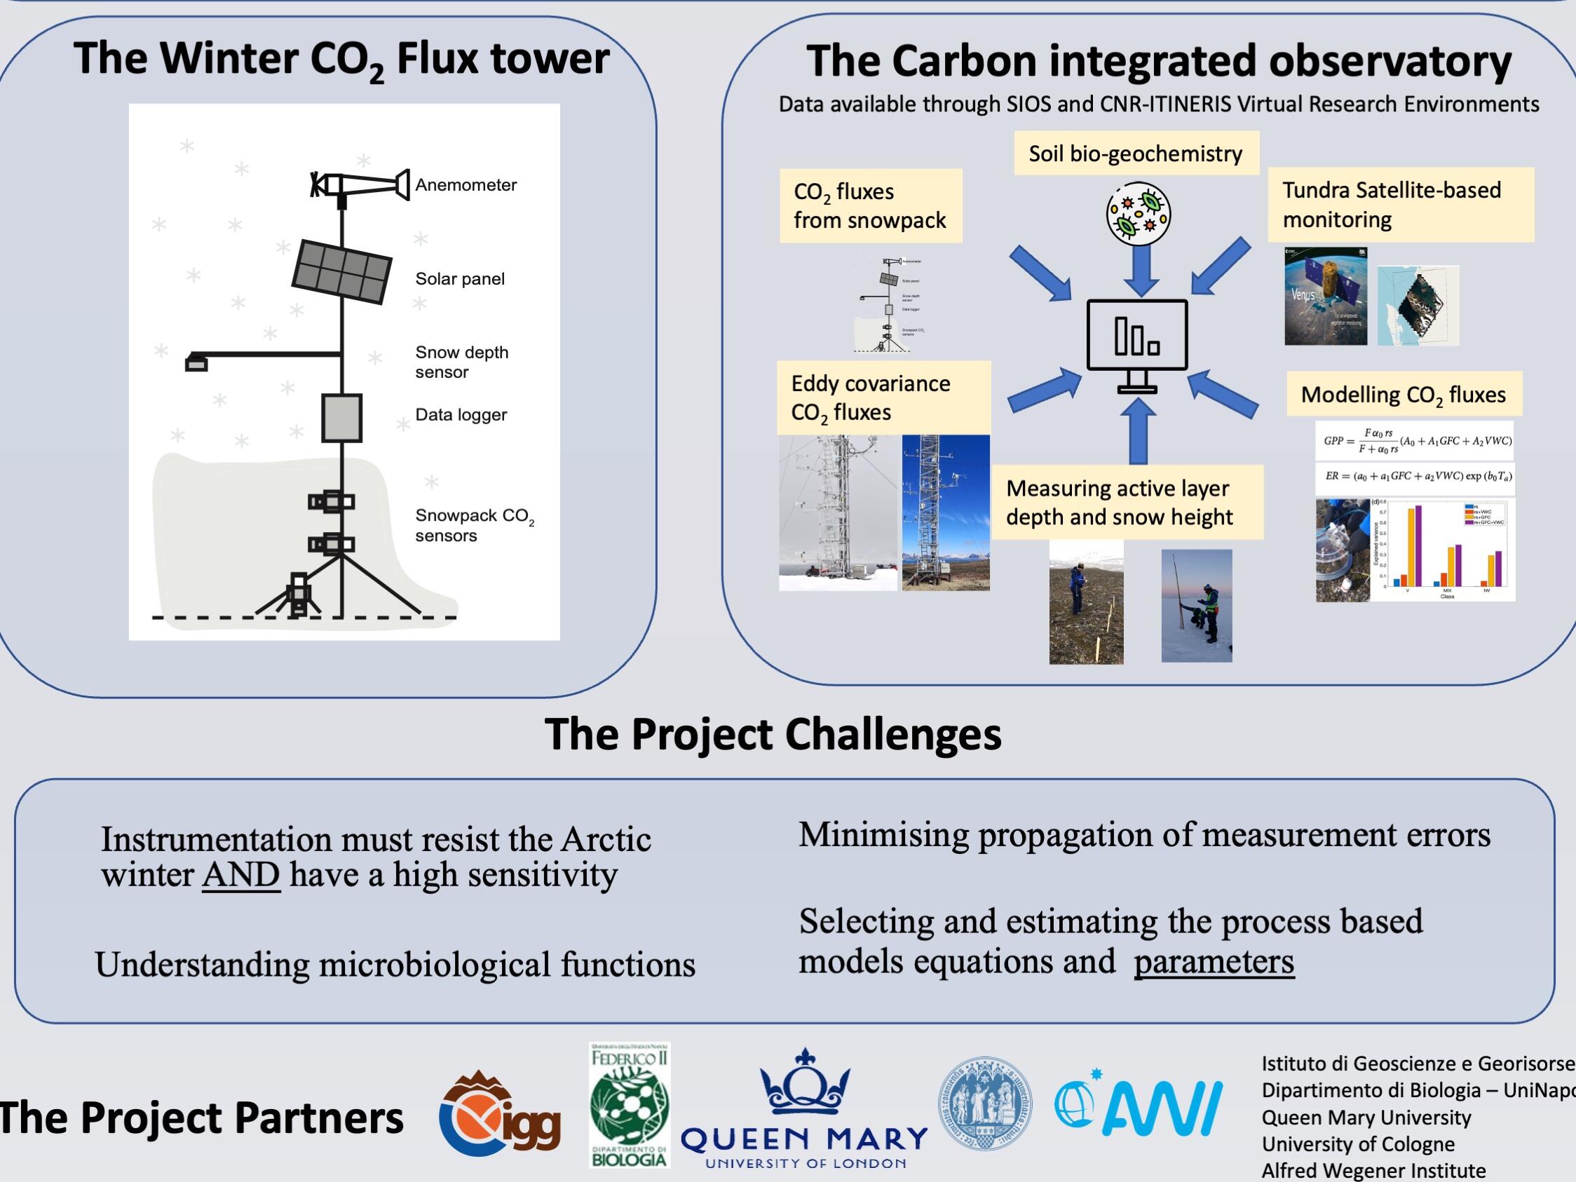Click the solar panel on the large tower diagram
342,271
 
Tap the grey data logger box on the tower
342,418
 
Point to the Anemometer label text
466,185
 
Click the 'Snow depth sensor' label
462,362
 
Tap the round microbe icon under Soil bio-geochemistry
1139,214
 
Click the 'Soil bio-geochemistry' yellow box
1136,153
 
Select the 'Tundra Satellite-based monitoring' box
1400,205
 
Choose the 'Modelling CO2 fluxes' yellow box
1404,395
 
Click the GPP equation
1414,442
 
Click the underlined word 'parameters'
1214,961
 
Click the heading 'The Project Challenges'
773,734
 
